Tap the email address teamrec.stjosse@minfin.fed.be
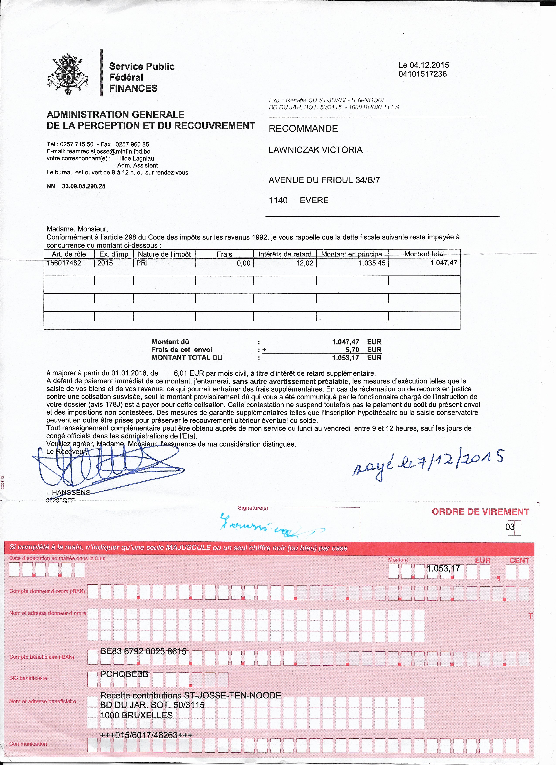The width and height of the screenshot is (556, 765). [109, 151]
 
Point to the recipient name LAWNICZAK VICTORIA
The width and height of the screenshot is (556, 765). [316, 150]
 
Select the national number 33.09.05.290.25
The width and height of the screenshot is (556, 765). [84, 186]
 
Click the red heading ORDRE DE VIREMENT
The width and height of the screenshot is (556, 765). [480, 512]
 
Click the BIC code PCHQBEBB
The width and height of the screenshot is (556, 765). [125, 674]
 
